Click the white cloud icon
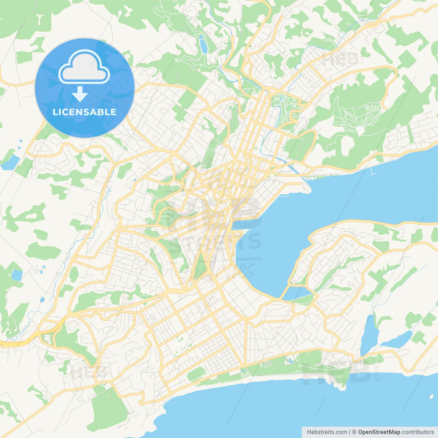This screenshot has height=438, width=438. click(84, 67)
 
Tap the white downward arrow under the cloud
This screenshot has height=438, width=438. click(80, 94)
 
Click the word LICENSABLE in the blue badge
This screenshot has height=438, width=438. click(85, 112)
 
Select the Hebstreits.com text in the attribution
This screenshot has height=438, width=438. click(327, 432)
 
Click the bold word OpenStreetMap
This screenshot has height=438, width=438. click(379, 432)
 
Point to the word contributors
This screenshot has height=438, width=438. click(417, 432)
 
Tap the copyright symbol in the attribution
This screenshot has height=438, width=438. click(354, 432)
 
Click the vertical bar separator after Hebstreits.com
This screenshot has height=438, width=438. click(350, 432)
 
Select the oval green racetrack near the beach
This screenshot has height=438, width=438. click(195, 374)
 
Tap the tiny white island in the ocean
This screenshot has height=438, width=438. click(431, 397)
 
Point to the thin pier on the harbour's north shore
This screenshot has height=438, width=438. click(373, 171)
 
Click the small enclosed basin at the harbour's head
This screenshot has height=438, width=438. click(297, 293)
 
